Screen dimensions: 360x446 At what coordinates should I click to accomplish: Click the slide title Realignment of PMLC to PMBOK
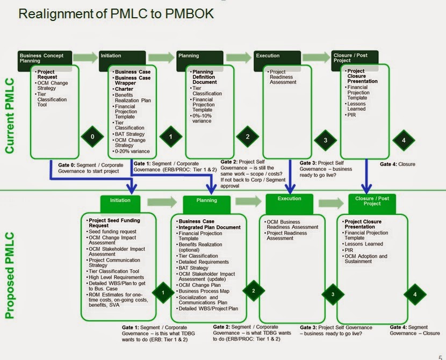coord(116,14)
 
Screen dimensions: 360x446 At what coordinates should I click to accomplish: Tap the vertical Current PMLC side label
coord(10,116)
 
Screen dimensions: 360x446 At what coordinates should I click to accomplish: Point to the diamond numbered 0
coord(92,137)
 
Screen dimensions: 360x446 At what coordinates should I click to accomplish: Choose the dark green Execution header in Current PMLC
coord(275,55)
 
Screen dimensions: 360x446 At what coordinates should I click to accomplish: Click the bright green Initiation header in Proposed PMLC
coord(120,200)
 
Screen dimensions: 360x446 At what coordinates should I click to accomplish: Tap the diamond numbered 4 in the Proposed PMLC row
coord(414,294)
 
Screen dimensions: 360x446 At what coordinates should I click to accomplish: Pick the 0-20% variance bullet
coord(132,152)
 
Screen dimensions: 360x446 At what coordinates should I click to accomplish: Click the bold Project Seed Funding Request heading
coord(114,223)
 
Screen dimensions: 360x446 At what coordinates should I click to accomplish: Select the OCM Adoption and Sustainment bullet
coord(366,259)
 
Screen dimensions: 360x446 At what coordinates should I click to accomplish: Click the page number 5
coord(440,356)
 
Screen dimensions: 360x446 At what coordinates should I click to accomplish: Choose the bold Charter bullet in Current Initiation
coord(124,89)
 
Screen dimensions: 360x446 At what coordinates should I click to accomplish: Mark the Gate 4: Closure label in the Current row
coord(398,164)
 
